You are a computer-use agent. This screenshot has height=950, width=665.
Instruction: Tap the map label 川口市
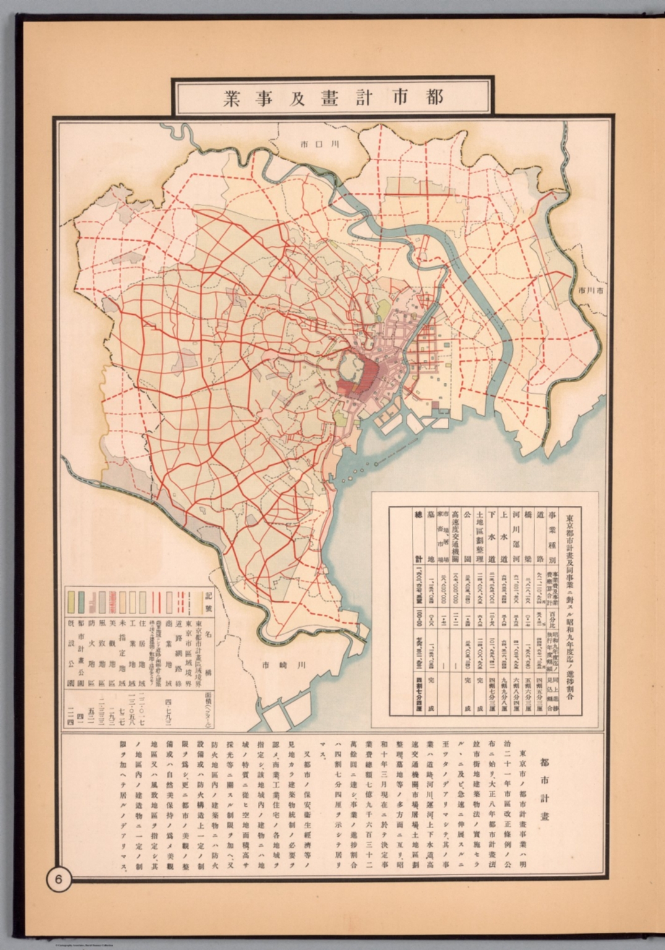[320, 145]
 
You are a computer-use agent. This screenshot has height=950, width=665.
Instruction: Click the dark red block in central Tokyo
[370, 374]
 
